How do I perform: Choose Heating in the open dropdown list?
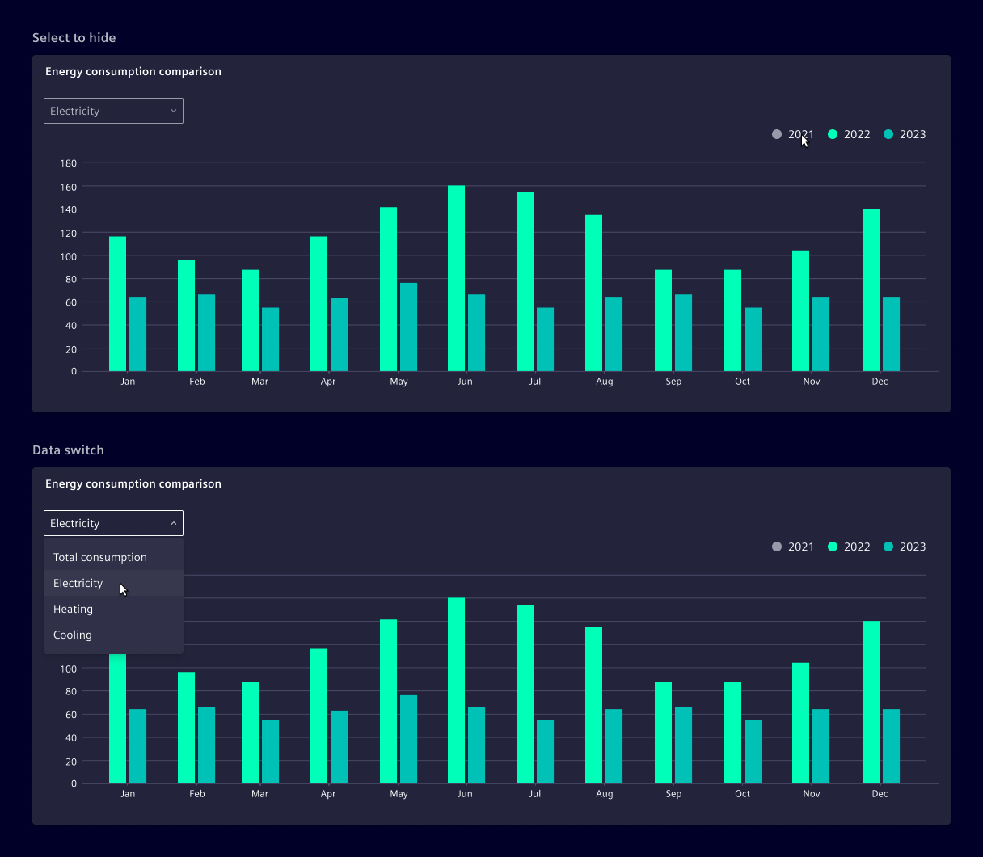(74, 609)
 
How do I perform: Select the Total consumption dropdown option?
(100, 557)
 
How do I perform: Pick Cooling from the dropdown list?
(73, 635)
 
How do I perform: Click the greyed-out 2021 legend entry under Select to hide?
(793, 134)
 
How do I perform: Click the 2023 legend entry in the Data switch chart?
(905, 547)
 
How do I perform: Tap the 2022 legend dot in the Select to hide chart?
(833, 134)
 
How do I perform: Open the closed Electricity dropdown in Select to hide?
(113, 111)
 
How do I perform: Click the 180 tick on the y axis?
(69, 163)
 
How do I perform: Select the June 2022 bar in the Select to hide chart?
(456, 279)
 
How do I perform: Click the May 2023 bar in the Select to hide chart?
(408, 327)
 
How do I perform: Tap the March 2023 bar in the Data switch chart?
(270, 752)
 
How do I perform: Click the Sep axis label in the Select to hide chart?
(673, 382)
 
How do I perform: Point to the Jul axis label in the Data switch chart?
(535, 794)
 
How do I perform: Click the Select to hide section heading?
(74, 38)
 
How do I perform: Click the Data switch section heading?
(69, 450)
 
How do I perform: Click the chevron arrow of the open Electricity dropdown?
(174, 523)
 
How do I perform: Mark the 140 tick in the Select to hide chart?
(69, 209)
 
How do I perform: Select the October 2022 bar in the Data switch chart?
(732, 732)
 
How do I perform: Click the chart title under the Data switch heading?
(133, 483)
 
